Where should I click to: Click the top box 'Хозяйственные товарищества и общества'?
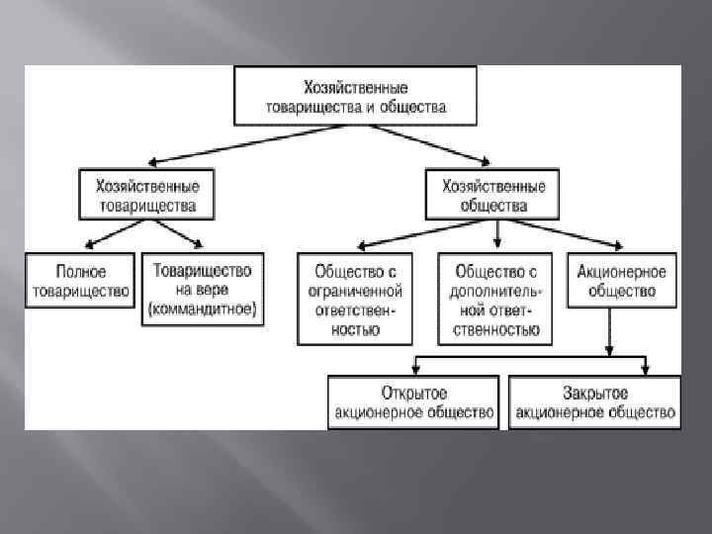(x=355, y=95)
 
